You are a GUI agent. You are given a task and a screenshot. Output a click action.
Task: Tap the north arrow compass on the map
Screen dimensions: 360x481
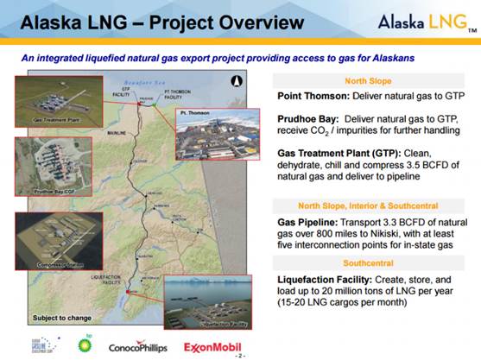tap(233, 83)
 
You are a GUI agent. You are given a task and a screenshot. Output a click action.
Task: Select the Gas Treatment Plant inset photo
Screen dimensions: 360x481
tap(42, 99)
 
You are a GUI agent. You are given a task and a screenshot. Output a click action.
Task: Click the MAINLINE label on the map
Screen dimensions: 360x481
tap(116, 134)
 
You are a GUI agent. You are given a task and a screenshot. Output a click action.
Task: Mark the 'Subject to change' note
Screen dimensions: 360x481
tap(57, 318)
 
